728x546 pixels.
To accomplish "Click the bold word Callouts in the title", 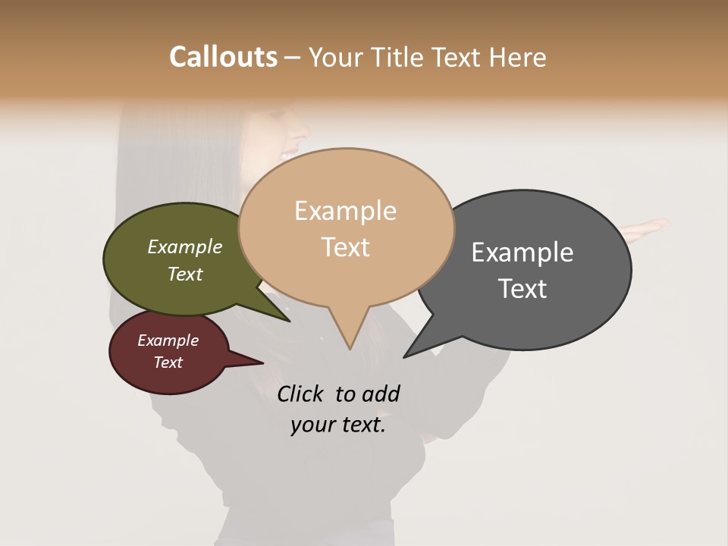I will pyautogui.click(x=223, y=57).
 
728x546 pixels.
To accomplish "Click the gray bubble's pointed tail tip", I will pyautogui.click(x=405, y=356).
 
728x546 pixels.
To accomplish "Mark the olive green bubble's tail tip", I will pyautogui.click(x=289, y=321).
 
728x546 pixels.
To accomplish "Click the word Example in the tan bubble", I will pyautogui.click(x=345, y=211).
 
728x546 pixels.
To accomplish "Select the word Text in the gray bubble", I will pyautogui.click(x=522, y=288).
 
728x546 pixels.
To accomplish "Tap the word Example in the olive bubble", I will pyautogui.click(x=184, y=246).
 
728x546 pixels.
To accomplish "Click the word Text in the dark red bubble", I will pyautogui.click(x=168, y=362).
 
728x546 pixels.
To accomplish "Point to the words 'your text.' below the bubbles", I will pyautogui.click(x=337, y=425).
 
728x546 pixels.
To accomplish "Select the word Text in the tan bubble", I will pyautogui.click(x=346, y=247).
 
